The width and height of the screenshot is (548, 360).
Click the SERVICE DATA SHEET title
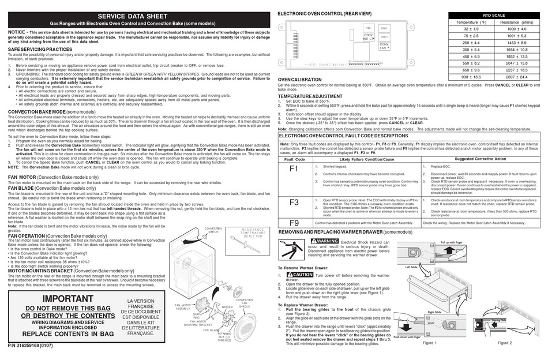(137, 16)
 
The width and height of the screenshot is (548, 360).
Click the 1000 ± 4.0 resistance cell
(516, 28)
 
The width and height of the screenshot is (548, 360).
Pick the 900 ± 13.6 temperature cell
(471, 77)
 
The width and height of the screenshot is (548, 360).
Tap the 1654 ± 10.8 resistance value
(516, 49)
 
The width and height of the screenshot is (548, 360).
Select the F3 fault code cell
(294, 202)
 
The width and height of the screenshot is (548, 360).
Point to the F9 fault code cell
(294, 222)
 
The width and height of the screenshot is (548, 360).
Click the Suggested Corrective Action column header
(480, 159)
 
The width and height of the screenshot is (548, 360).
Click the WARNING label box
(324, 241)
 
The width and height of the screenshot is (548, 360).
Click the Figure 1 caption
(430, 343)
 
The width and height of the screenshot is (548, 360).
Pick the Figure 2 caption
(504, 343)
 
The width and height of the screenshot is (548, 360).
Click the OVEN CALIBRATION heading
(299, 80)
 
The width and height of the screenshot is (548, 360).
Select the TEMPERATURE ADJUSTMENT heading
(310, 96)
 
